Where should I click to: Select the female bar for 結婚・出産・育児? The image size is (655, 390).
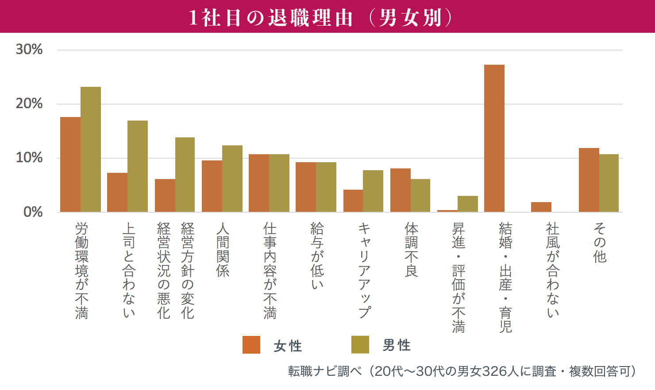click(x=494, y=138)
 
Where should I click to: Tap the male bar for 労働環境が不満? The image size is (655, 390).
click(x=91, y=149)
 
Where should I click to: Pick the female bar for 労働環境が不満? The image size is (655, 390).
click(x=70, y=164)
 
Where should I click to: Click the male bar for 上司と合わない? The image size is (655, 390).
click(x=138, y=166)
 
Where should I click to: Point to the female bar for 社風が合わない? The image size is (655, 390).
click(x=541, y=207)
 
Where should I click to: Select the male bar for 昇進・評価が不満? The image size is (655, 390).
click(x=468, y=204)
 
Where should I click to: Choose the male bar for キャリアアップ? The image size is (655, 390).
click(x=373, y=191)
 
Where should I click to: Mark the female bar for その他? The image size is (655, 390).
click(x=589, y=180)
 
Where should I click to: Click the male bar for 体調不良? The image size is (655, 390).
click(x=420, y=195)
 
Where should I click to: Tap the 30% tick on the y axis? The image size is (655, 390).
click(x=29, y=49)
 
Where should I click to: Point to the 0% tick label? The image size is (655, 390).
click(x=33, y=212)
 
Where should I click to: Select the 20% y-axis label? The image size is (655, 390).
click(x=29, y=104)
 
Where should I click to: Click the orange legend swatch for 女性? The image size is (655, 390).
click(x=251, y=345)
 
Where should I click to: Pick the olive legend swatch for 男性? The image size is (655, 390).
click(x=360, y=345)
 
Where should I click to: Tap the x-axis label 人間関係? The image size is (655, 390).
click(x=223, y=250)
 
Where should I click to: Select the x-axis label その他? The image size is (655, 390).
click(x=600, y=243)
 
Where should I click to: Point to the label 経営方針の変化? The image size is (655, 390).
click(x=188, y=270)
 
